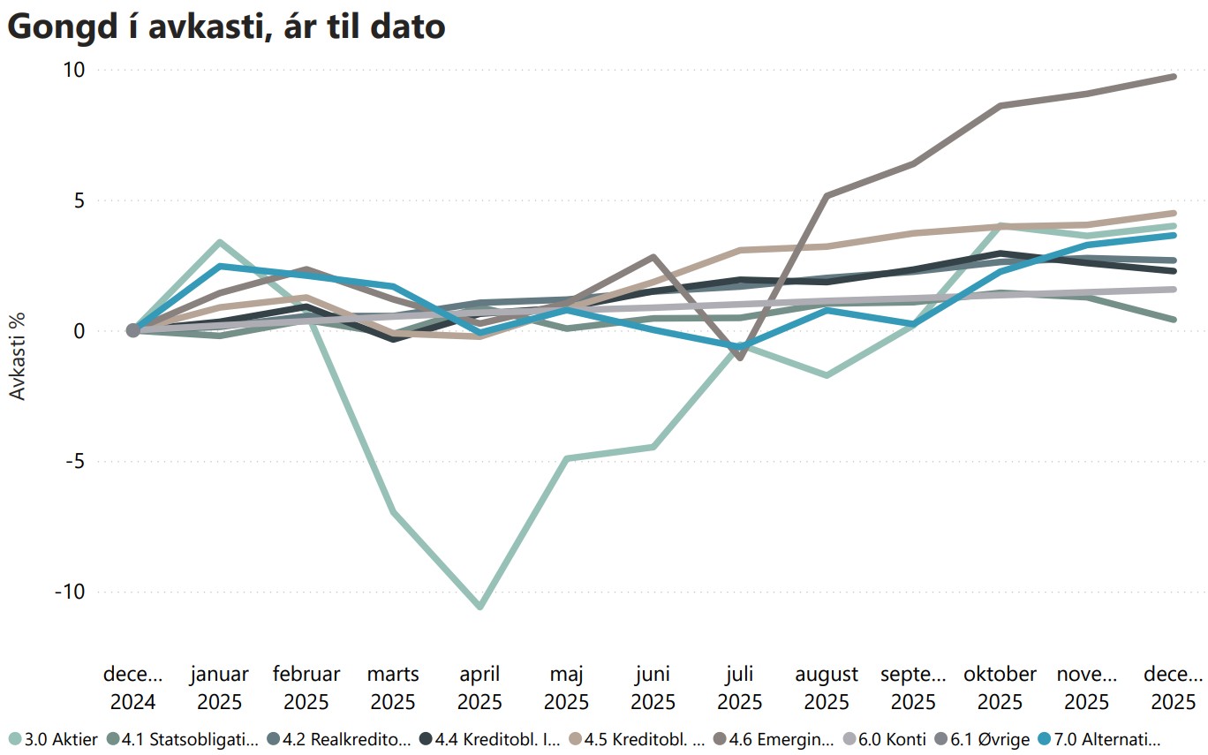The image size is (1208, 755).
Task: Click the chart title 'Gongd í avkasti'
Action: click(x=226, y=26)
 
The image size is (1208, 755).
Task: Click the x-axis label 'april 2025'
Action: click(x=479, y=689)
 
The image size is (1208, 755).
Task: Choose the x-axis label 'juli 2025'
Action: click(x=739, y=689)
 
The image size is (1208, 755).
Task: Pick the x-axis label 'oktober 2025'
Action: click(x=1000, y=689)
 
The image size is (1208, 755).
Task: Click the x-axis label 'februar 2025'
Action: click(x=306, y=689)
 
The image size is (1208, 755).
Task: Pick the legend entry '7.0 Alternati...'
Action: click(x=1105, y=739)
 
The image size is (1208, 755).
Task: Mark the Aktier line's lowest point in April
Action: click(x=479, y=607)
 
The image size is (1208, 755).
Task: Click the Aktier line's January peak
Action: click(x=219, y=242)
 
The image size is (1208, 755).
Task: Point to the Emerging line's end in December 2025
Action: click(x=1174, y=77)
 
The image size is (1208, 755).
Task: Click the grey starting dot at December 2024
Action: click(x=133, y=330)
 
